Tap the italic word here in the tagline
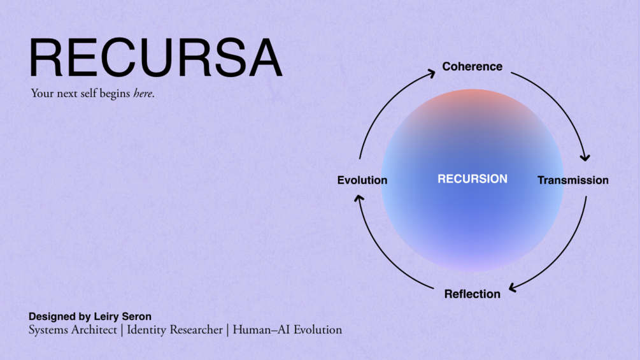tap(143, 94)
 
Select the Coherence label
tap(472, 66)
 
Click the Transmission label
tap(572, 180)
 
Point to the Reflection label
tap(472, 294)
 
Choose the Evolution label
tap(362, 180)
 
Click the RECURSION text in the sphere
tap(472, 179)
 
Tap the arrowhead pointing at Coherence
tap(431, 74)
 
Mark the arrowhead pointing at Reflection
tap(513, 288)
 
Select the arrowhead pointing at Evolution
tap(359, 199)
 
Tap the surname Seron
tap(138, 316)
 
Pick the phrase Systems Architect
tap(73, 330)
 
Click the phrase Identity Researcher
tap(174, 330)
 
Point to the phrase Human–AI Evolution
tap(287, 330)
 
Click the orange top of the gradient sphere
tap(472, 99)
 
